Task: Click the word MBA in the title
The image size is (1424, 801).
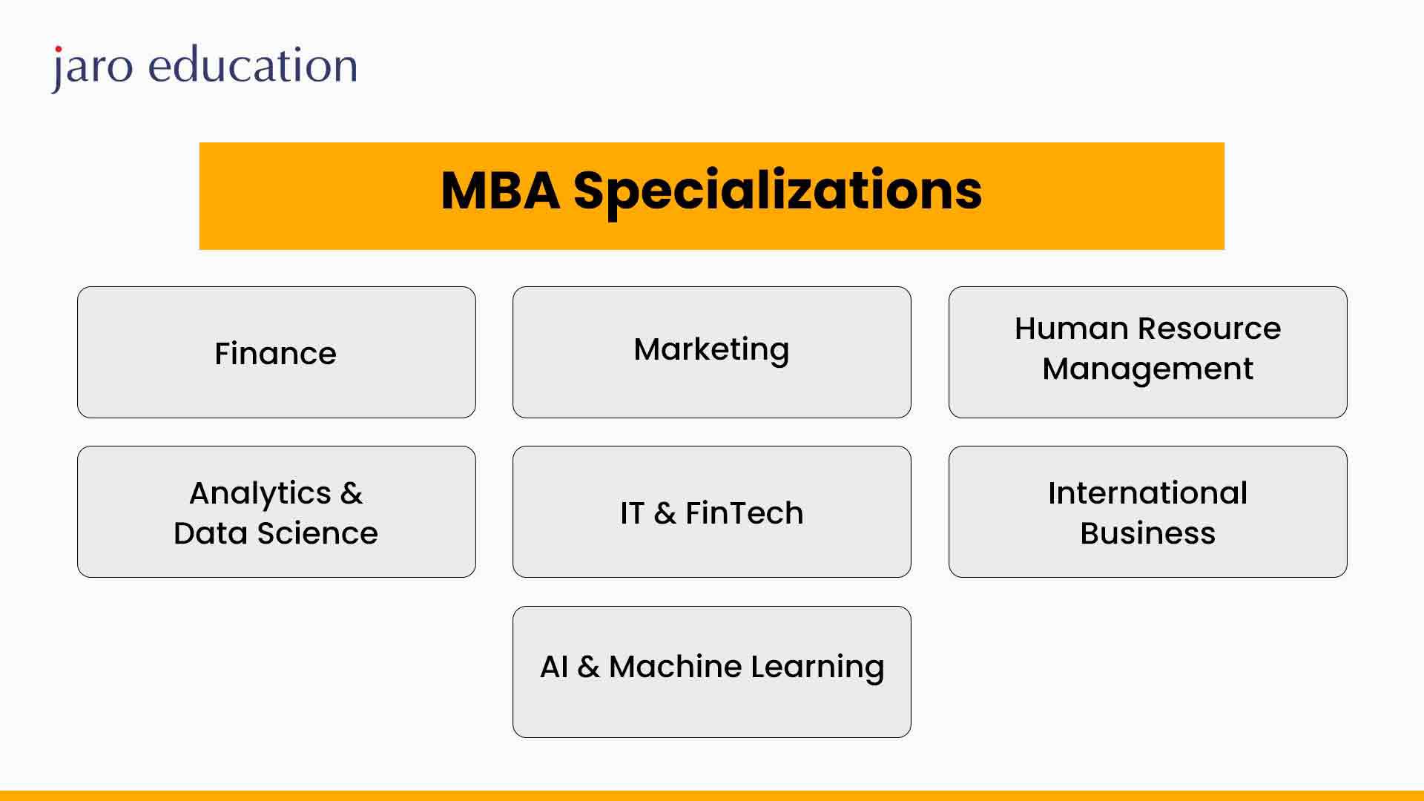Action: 501,191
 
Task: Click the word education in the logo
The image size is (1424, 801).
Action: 253,65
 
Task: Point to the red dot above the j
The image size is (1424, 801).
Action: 58,50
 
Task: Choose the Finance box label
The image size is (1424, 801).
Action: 275,353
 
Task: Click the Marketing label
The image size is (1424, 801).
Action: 711,350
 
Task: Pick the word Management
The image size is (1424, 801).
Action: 1147,369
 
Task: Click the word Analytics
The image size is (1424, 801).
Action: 260,494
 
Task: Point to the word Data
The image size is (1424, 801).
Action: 211,533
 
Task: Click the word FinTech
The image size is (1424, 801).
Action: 744,512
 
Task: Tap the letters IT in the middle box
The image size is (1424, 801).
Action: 632,512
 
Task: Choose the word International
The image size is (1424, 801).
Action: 1147,493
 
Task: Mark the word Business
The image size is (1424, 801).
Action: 1147,533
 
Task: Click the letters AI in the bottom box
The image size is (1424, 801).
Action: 554,667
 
